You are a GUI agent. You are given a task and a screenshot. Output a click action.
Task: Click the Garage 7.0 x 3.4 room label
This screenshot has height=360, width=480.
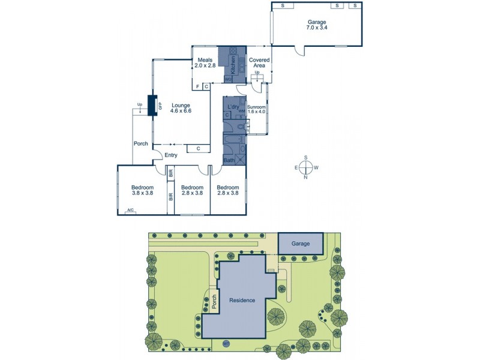[x=317, y=24]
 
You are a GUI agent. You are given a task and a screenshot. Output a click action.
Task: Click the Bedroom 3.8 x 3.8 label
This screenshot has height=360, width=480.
[x=142, y=190]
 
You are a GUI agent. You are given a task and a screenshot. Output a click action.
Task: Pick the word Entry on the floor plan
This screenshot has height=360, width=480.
[x=172, y=155]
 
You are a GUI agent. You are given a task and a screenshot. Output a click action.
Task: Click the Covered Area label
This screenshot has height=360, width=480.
[x=259, y=63]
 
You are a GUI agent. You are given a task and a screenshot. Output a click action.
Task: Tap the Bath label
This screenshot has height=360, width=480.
[x=229, y=160]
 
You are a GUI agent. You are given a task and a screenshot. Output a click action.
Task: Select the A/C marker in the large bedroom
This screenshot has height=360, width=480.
[x=130, y=211]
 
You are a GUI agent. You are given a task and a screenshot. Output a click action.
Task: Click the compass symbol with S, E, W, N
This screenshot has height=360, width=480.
[x=306, y=167]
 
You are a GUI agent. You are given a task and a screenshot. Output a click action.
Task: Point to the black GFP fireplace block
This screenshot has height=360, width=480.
[x=152, y=106]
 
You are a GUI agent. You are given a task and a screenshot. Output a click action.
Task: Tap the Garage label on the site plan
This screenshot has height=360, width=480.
[x=300, y=244]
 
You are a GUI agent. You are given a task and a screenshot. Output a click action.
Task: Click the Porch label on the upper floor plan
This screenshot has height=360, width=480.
[x=141, y=143]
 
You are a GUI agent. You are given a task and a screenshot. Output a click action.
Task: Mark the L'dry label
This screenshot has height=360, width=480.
[x=233, y=107]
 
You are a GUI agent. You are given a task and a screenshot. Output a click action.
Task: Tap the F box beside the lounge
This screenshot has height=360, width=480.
[x=197, y=86]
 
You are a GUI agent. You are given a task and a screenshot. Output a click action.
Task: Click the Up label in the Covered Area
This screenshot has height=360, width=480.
[x=257, y=73]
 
